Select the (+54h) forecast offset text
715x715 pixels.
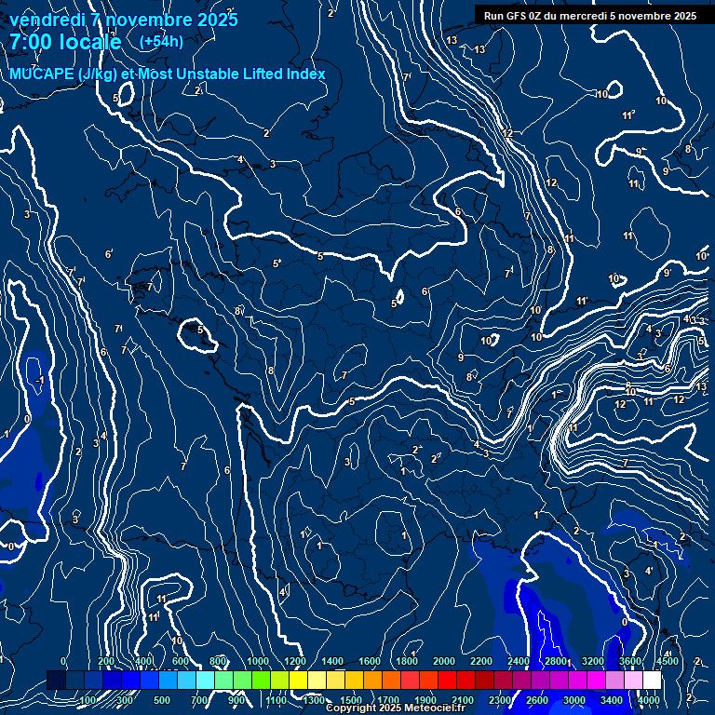point(161,41)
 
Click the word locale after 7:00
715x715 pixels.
point(90,42)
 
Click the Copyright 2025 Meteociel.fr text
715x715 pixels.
point(395,708)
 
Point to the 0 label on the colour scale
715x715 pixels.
point(63,661)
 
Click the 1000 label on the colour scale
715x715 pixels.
point(258,661)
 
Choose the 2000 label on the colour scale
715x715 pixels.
point(444,661)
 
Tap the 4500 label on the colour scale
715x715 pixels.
point(667,661)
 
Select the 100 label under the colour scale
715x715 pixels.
point(88,700)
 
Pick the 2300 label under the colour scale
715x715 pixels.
point(500,700)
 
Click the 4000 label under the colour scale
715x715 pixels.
point(649,700)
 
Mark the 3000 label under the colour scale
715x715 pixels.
point(574,700)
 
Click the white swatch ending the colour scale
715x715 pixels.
point(652,681)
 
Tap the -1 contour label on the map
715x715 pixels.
point(39,381)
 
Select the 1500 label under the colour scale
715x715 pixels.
point(351,700)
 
